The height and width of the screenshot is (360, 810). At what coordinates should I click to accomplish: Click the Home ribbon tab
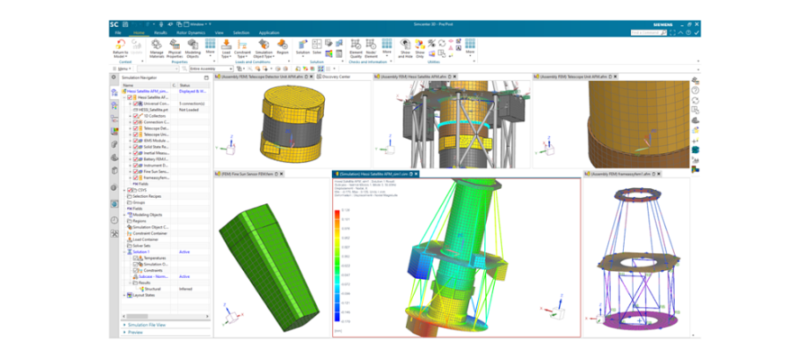click(139, 32)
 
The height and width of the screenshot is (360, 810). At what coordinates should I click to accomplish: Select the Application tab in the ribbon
click(269, 32)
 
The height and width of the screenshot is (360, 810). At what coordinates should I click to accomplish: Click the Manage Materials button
click(157, 48)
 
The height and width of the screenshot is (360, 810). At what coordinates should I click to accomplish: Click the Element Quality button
click(355, 48)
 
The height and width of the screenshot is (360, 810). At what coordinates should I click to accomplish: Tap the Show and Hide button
click(406, 48)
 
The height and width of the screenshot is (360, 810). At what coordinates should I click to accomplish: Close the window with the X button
click(697, 24)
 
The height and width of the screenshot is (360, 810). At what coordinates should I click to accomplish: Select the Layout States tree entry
click(144, 294)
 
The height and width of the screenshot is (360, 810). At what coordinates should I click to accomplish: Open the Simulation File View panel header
click(148, 324)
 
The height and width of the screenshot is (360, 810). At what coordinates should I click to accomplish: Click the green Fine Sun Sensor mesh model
click(269, 260)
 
